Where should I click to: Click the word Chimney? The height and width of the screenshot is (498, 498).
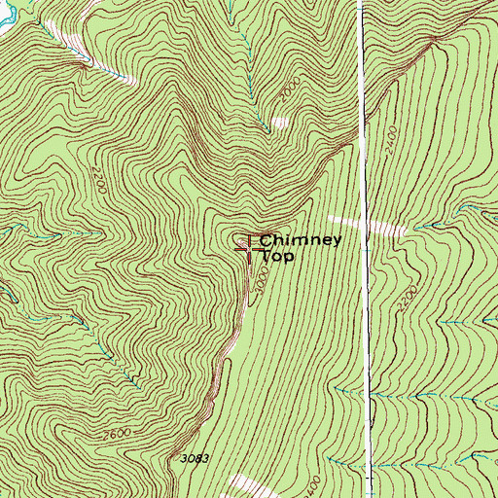click(300, 240)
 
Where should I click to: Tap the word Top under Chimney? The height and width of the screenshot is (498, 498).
click(277, 257)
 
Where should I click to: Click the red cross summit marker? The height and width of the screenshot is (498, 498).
click(249, 250)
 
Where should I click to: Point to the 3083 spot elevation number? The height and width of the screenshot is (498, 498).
click(196, 457)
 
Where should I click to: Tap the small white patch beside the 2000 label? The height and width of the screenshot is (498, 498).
click(280, 123)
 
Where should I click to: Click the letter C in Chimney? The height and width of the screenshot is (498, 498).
click(266, 240)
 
